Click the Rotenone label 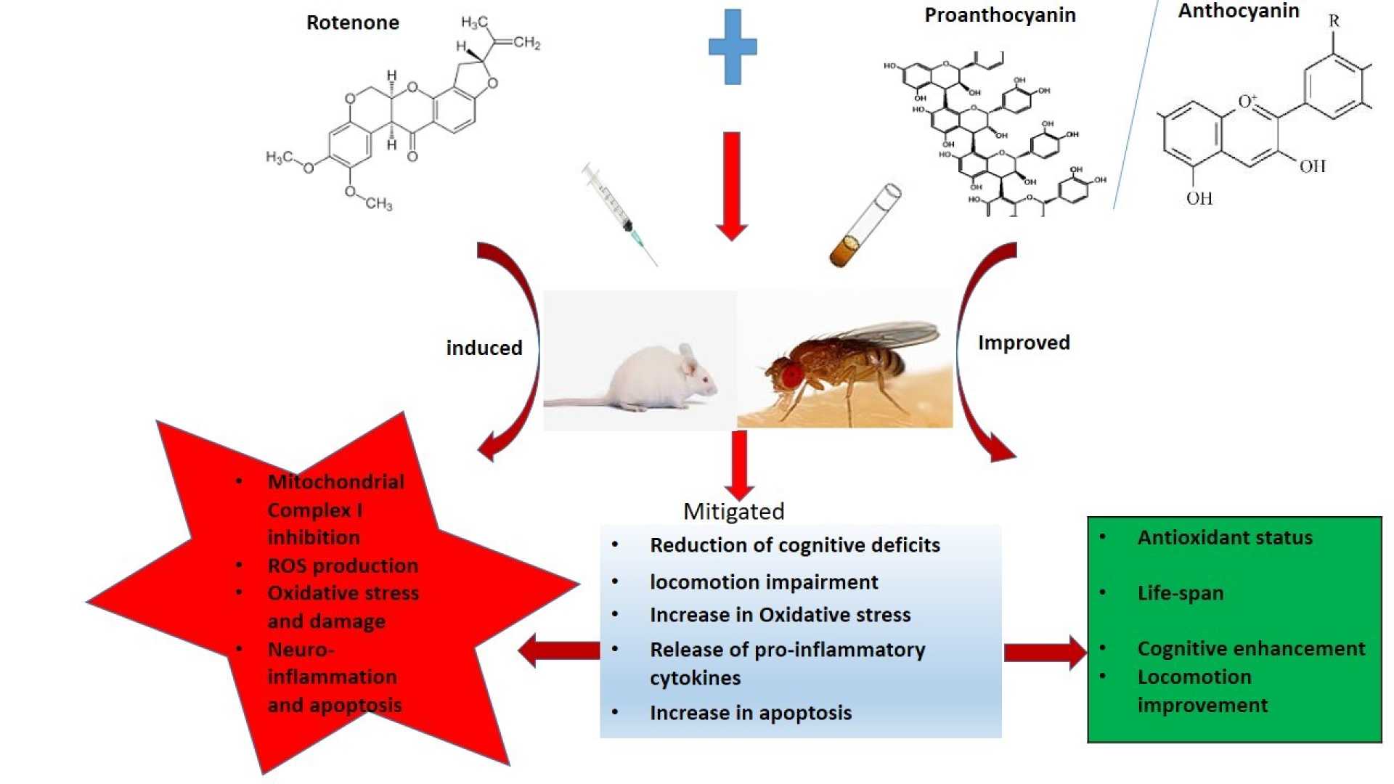[x=352, y=23]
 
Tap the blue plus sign [x=733, y=46]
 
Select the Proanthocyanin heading [x=1000, y=15]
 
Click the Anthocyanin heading [x=1238, y=11]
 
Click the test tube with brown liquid [x=865, y=225]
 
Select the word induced [x=484, y=348]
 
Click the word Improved [x=1024, y=343]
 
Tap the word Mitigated [x=733, y=511]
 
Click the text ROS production [x=343, y=565]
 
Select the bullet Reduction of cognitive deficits [x=794, y=545]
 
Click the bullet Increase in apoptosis [x=750, y=713]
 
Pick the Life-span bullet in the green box [x=1180, y=593]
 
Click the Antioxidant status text [x=1225, y=537]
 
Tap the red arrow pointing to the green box [x=1044, y=652]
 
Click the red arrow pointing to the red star [x=559, y=650]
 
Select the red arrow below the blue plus [x=732, y=185]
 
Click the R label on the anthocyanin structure [x=1334, y=21]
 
